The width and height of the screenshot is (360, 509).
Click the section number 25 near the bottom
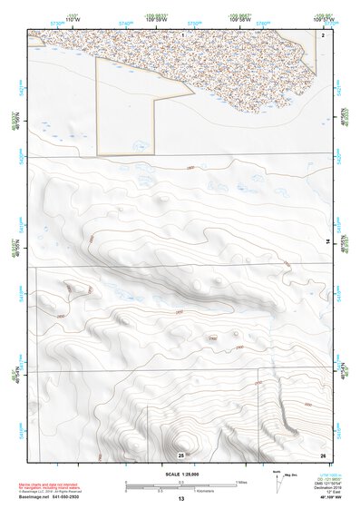coord(180,454)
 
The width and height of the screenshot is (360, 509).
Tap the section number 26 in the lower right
coord(323,454)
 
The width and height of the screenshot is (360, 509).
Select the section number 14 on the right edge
coord(328,240)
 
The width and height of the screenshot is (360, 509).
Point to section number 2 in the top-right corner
coord(323,34)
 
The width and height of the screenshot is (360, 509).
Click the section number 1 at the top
coord(183,34)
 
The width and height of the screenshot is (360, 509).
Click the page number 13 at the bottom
coord(180,499)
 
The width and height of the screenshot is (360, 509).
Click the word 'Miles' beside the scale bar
coord(243,481)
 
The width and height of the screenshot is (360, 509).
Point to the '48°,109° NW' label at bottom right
coord(324,498)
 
